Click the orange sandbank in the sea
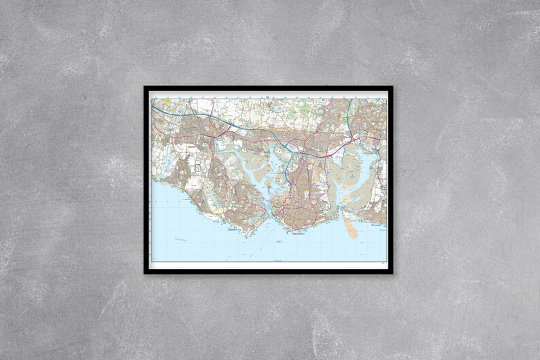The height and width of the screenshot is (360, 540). click(351, 229)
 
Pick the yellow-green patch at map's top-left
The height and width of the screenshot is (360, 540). click(167, 101)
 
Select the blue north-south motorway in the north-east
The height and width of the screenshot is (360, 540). click(349, 112)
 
